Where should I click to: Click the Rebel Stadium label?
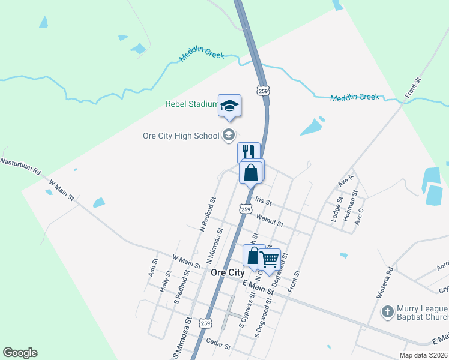(191, 104)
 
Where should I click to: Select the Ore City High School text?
(181, 136)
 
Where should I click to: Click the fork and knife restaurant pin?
(249, 151)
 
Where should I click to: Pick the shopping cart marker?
(270, 259)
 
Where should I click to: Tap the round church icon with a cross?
(387, 311)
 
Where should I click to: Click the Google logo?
(20, 353)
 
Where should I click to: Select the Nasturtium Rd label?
(20, 166)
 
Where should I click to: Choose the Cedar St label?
(218, 344)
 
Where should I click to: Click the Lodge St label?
(336, 209)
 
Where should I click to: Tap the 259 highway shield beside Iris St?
(245, 208)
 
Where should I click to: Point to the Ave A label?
(346, 180)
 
